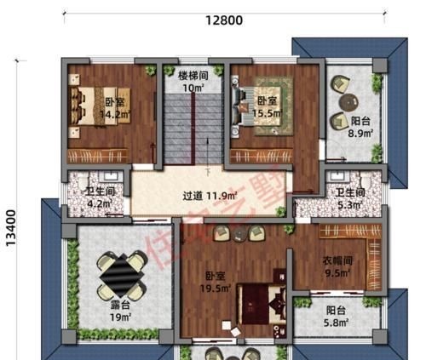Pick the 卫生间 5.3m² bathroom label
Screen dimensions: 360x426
[349, 198]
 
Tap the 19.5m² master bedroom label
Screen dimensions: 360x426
[216, 282]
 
